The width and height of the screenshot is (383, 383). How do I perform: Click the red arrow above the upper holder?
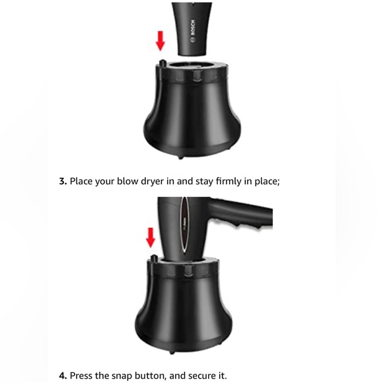point(160,41)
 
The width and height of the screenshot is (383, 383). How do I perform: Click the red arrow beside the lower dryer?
point(151,238)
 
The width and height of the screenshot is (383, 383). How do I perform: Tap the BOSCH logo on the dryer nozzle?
point(193,31)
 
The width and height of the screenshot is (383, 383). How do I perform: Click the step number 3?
point(63,182)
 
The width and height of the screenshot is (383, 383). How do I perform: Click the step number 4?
point(63,376)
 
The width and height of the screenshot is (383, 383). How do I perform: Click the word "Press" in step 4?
point(81,376)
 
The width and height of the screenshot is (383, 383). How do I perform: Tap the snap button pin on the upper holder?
point(162,63)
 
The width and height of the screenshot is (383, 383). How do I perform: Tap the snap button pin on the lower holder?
point(154,258)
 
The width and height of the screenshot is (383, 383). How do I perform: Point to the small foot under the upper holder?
point(180,157)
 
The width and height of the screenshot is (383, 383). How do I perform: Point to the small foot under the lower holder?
point(172,352)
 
